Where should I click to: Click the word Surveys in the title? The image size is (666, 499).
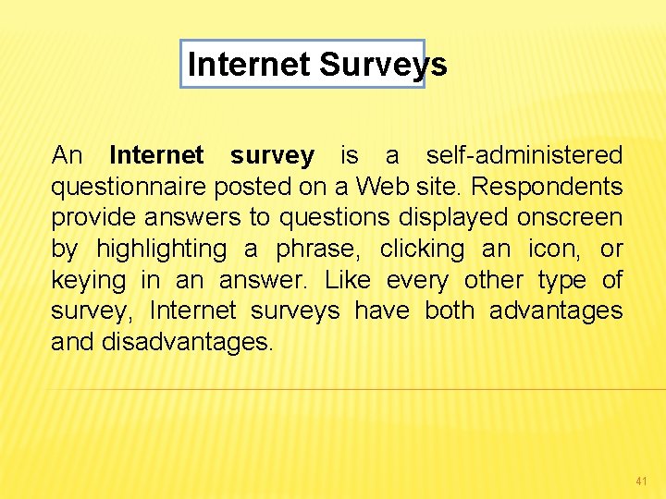tap(383, 65)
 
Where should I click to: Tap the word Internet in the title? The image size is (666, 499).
tap(249, 65)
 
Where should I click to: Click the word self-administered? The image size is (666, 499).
tap(524, 155)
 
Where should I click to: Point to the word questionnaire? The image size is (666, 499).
tap(129, 187)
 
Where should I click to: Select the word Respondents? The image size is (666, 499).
tap(548, 187)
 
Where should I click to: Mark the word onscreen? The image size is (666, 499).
tap(570, 217)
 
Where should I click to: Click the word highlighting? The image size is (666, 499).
tap(161, 249)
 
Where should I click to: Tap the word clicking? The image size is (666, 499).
tap(422, 249)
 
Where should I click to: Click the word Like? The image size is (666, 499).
tap(348, 280)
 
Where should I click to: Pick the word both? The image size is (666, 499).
tap(449, 310)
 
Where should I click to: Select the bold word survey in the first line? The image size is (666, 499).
tap(272, 155)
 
